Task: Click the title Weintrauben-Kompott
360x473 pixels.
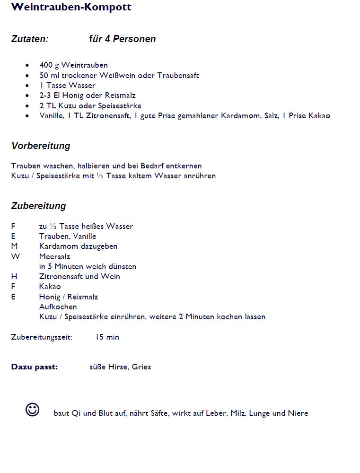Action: click(x=71, y=8)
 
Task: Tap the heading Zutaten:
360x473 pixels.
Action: click(x=30, y=39)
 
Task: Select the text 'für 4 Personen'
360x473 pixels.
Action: click(x=122, y=39)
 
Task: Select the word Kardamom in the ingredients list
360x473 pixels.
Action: click(x=239, y=116)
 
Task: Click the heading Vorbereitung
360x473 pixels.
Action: click(x=41, y=146)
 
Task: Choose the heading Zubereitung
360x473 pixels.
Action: click(x=39, y=206)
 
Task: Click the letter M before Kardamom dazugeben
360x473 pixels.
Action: click(x=14, y=246)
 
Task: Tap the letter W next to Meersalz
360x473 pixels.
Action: click(x=16, y=256)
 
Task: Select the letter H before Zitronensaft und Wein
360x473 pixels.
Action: click(x=14, y=276)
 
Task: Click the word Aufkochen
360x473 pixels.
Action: click(x=58, y=307)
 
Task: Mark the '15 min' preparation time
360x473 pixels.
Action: click(x=107, y=337)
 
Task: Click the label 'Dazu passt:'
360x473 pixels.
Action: click(x=35, y=367)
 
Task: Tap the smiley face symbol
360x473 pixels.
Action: click(x=33, y=410)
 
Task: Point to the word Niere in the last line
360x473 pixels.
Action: click(x=298, y=413)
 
